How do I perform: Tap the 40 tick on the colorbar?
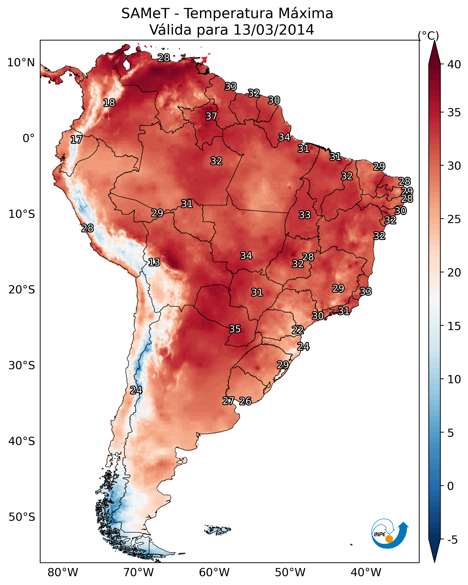coord(454,64)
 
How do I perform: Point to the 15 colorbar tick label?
coord(454,326)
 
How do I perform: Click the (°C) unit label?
coord(428,36)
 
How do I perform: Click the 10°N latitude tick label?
coord(21,63)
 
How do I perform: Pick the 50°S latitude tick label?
coord(22,517)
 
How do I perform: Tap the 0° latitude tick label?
coord(29,138)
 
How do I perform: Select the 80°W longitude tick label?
coord(63,573)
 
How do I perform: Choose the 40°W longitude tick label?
coord(366,573)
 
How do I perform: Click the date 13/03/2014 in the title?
coord(274,30)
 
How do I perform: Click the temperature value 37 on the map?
coord(211,116)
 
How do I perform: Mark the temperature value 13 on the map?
coord(154,262)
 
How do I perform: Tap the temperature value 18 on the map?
coord(109,103)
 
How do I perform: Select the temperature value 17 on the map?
coord(76,140)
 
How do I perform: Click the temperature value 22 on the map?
coord(298,330)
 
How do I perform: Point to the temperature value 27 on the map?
coord(228,401)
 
